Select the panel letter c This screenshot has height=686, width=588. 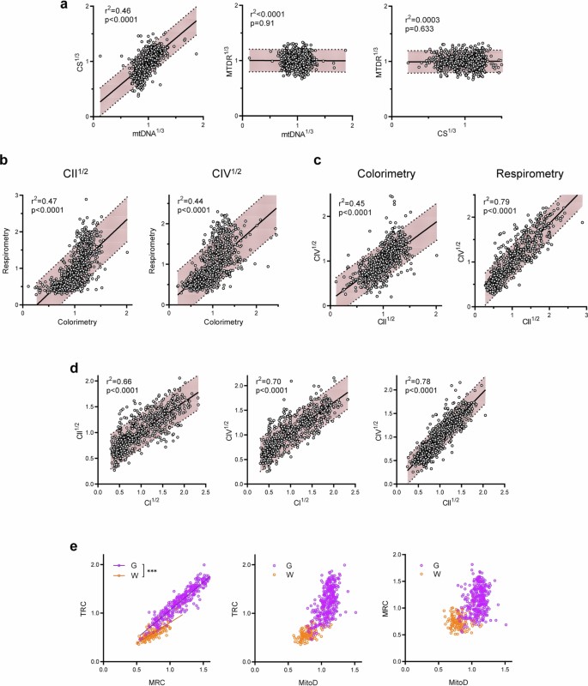(x=318, y=159)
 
